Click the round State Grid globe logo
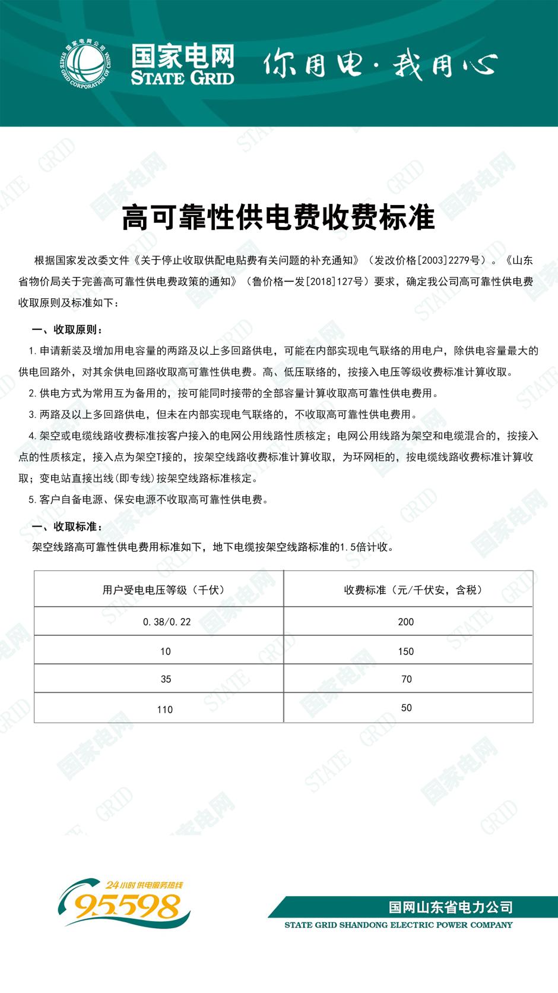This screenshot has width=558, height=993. click(85, 65)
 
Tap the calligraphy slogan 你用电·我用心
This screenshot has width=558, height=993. click(379, 64)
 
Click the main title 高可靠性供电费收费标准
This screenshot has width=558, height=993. click(278, 217)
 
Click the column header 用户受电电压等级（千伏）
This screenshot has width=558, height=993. click(164, 590)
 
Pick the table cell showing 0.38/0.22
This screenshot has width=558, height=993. click(167, 622)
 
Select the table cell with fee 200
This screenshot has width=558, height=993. click(406, 622)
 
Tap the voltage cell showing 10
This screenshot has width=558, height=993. click(166, 651)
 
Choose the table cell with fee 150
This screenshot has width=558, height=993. click(406, 651)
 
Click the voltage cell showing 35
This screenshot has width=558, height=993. click(166, 679)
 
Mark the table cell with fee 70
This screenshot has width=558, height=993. click(406, 679)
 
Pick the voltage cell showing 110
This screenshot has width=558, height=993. click(165, 709)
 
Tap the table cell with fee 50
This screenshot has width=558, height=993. click(406, 708)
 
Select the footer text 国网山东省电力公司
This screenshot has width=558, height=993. click(451, 907)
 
